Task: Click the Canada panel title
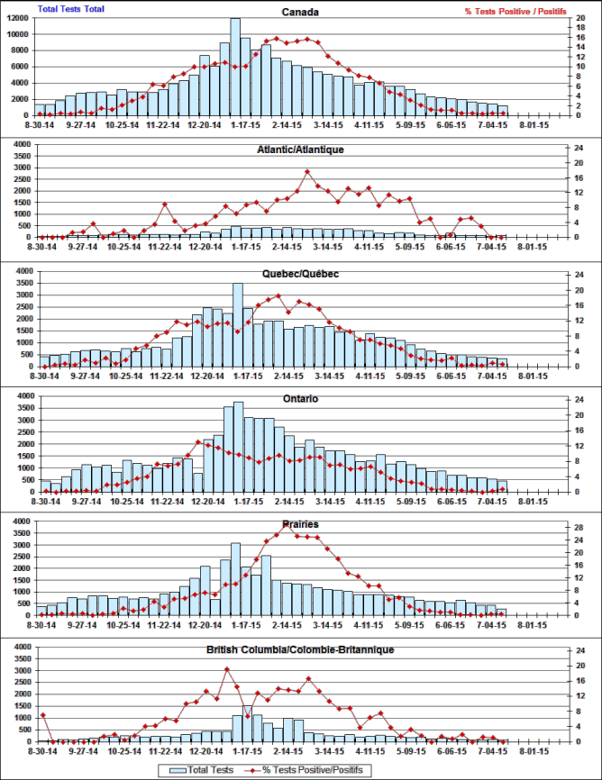[x=301, y=13]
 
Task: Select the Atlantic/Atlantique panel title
[x=301, y=149]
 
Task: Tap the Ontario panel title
[x=301, y=398]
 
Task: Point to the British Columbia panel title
[x=301, y=648]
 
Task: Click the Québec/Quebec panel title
[x=301, y=274]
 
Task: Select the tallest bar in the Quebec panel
[x=237, y=325]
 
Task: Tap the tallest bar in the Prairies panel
[x=235, y=578]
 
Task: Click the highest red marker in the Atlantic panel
[x=307, y=171]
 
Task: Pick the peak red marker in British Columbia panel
[x=226, y=669]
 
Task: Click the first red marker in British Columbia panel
[x=42, y=715]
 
